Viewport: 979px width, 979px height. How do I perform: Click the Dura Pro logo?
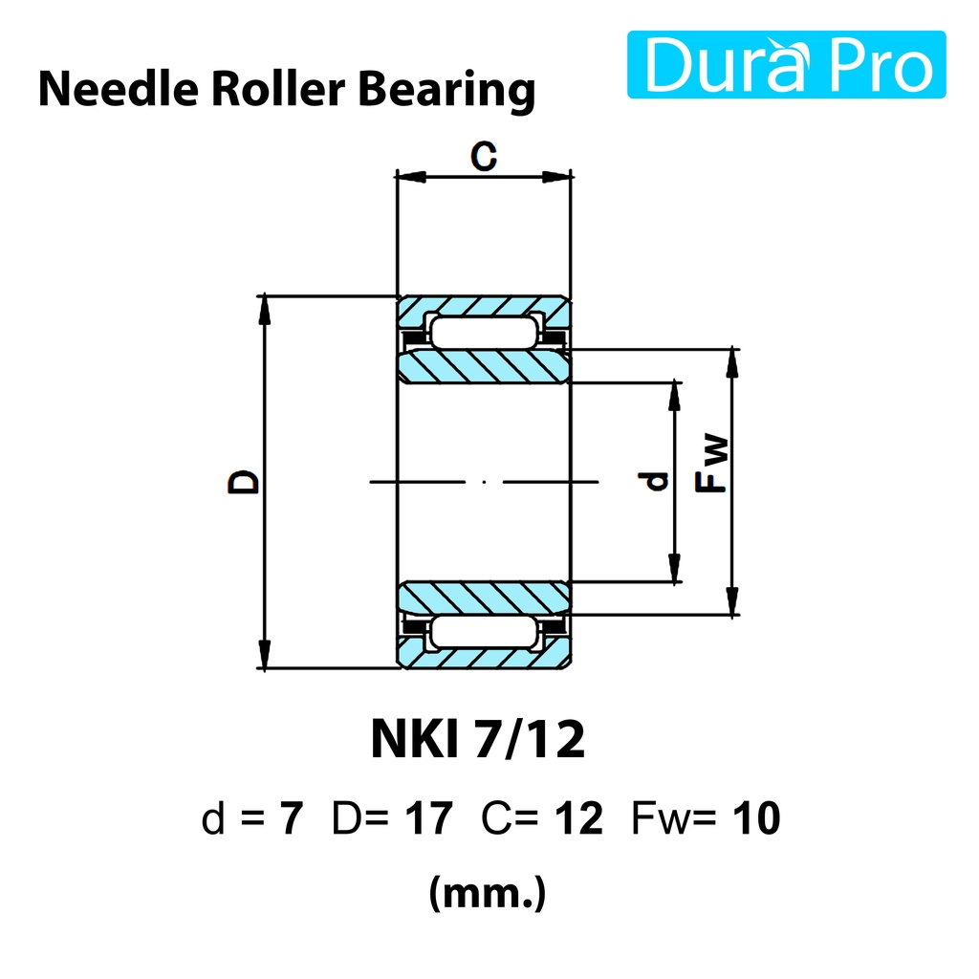tap(786, 64)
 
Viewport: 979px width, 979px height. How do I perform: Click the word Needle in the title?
tap(119, 89)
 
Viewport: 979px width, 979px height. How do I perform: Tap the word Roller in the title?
tap(278, 89)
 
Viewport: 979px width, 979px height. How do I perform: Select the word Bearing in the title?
tap(446, 92)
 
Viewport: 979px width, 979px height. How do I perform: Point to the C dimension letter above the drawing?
tap(484, 156)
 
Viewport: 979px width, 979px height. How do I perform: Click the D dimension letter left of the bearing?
tap(244, 482)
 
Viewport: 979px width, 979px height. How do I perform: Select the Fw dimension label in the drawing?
tap(711, 464)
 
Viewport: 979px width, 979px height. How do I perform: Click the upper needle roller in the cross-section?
tap(484, 332)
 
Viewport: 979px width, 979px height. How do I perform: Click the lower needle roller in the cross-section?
tap(484, 632)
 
